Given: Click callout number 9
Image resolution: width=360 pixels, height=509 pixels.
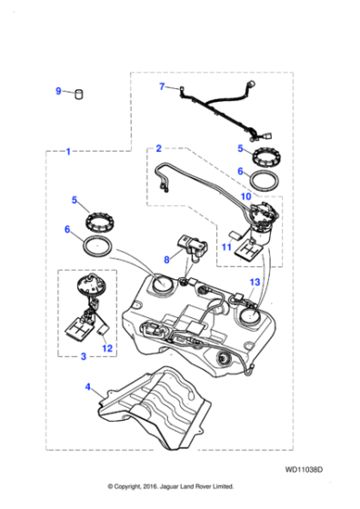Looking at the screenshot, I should (x=58, y=91).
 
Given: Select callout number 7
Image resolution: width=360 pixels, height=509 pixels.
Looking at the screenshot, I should (x=162, y=87).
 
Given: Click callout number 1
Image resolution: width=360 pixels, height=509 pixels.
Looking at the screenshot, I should (x=68, y=152).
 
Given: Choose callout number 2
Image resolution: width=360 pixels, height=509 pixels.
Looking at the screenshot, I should (x=158, y=147).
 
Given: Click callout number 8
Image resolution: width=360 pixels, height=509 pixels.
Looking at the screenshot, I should (x=165, y=259).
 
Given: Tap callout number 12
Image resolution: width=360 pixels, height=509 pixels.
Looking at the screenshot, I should (x=107, y=347).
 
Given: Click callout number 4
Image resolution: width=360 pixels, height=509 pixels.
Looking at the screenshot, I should (x=87, y=387).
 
